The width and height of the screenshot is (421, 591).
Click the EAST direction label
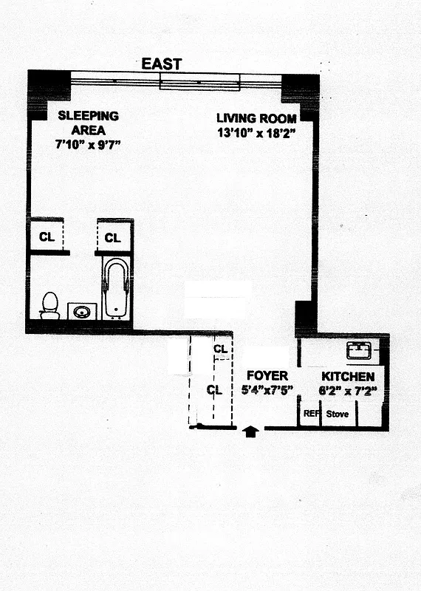162,64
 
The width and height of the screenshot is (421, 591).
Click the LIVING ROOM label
256,118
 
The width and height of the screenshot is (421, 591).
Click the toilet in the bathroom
49,305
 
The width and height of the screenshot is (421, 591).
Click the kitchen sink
362,349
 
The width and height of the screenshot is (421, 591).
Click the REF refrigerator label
311,414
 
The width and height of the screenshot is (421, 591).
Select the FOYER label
267,376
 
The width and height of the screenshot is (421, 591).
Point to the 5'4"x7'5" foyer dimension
267,390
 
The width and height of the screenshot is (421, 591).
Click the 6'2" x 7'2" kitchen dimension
348,390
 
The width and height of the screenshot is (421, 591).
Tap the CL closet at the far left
47,238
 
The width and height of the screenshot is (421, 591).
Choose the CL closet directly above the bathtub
112,238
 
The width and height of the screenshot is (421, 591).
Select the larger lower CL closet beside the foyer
214,390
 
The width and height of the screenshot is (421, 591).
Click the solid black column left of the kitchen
306,317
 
